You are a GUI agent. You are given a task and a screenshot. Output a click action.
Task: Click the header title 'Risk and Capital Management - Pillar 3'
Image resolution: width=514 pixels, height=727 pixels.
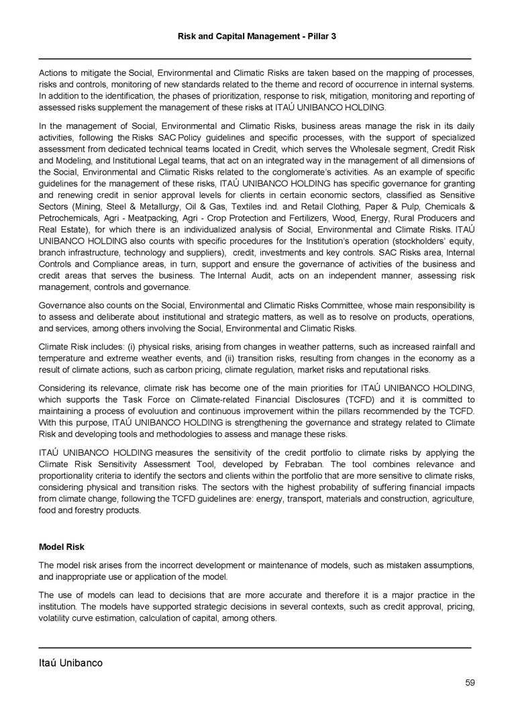[256, 35]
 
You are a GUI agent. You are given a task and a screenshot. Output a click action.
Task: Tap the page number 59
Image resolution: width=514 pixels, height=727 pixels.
[470, 683]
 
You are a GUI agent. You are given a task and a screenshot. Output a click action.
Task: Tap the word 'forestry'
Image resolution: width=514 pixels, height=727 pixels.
[94, 510]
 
